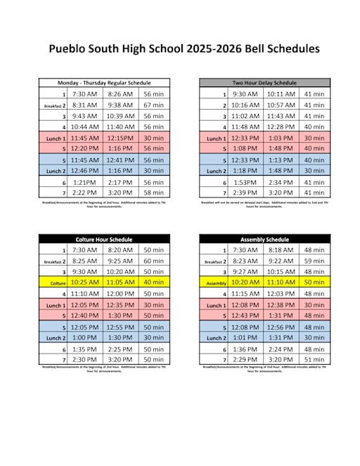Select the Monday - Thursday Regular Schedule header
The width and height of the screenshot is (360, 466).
point(104,83)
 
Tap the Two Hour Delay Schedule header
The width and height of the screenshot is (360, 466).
point(264,83)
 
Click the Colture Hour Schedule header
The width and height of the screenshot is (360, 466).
point(104,239)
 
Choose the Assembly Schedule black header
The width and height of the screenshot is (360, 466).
point(264,239)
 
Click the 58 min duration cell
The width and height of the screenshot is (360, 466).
point(153,193)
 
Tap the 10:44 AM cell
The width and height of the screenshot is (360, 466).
point(85,127)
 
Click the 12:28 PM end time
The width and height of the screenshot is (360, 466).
point(281,127)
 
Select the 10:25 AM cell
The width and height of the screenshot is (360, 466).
point(85,283)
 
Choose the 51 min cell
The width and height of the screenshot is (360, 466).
point(314,359)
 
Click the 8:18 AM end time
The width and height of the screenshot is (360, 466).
point(281,250)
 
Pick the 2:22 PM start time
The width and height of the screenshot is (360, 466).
point(85,193)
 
